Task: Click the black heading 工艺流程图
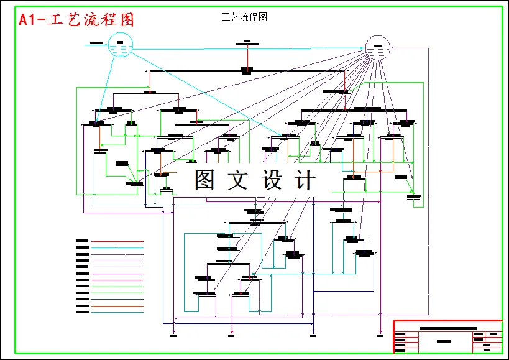[244, 17]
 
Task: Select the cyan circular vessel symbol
[121, 46]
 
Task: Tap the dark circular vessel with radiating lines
[378, 48]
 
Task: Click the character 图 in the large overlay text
[204, 180]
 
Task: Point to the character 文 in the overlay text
[239, 180]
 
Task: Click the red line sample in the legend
[117, 241]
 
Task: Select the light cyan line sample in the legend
[117, 247]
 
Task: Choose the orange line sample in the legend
[117, 306]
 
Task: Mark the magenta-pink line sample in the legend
[117, 274]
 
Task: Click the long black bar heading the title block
[448, 328]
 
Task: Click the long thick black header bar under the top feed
[247, 72]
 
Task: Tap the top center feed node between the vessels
[247, 43]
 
